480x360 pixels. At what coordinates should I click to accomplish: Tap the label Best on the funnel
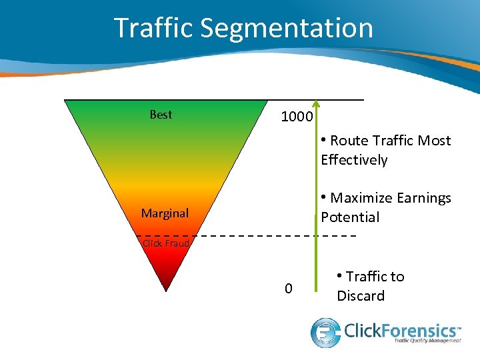click(161, 115)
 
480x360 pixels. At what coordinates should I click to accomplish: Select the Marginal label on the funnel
click(165, 213)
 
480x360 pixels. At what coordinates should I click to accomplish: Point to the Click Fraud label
click(166, 243)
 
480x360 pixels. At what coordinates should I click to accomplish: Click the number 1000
click(297, 117)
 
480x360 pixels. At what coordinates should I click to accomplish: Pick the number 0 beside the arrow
click(288, 289)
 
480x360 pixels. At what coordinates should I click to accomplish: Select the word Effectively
click(354, 160)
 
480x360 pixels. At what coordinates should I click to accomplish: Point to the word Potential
click(350, 217)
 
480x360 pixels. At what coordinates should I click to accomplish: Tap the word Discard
click(361, 296)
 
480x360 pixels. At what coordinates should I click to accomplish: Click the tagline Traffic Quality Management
click(428, 341)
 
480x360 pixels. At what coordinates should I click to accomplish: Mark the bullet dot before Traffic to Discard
click(340, 275)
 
